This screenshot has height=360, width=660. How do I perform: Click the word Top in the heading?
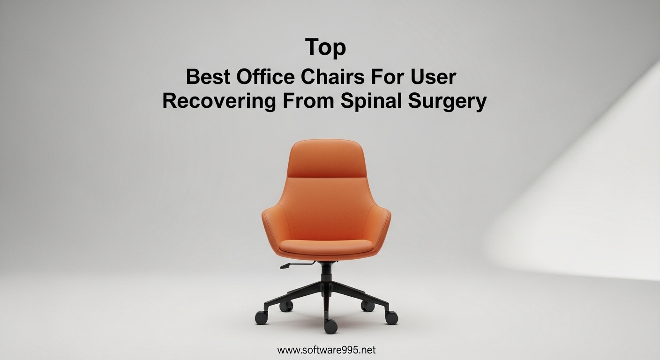[x=325, y=48]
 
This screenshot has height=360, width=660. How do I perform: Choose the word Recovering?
[x=219, y=102]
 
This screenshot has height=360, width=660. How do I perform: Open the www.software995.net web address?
[x=326, y=350]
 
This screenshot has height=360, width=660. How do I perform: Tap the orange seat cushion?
[x=326, y=246]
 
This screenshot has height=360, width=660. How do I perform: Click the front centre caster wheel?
[x=330, y=326]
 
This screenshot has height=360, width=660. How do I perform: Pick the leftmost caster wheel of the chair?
[x=262, y=317]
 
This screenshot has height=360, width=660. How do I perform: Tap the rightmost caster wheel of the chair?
[x=391, y=317]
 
